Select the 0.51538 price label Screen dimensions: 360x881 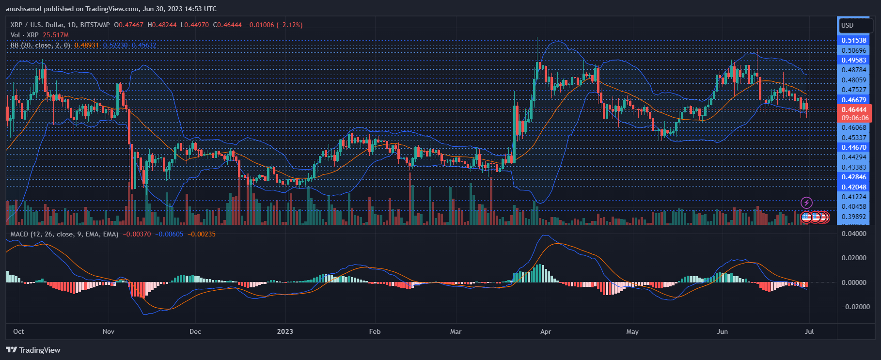point(853,40)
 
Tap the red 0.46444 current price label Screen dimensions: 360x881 point(853,110)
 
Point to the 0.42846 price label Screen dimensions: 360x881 point(853,177)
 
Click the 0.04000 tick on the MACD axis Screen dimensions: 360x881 point(853,234)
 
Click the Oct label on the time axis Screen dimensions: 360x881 point(18,331)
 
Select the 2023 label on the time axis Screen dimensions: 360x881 point(285,331)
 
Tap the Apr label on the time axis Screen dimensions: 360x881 point(546,331)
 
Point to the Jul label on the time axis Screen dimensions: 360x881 point(809,331)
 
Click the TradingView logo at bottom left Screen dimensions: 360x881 point(33,350)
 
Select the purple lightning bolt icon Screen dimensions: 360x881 point(806,203)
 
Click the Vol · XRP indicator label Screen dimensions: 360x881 point(24,35)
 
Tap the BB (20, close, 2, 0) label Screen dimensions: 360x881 point(40,45)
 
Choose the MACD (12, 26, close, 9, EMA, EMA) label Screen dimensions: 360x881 point(64,234)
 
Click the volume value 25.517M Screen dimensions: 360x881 point(56,35)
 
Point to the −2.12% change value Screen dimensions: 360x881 point(289,25)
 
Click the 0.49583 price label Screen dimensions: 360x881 point(853,60)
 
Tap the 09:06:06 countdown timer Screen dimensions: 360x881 point(855,118)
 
